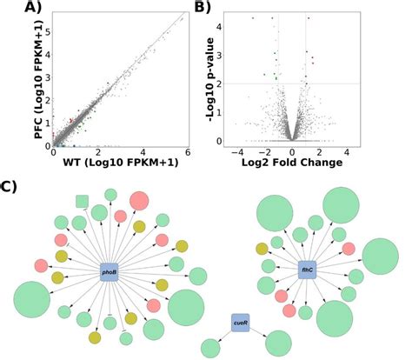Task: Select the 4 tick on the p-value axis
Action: tap(220, 27)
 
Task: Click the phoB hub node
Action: tap(110, 272)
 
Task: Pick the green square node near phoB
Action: tap(82, 202)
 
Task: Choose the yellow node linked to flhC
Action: tap(262, 249)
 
